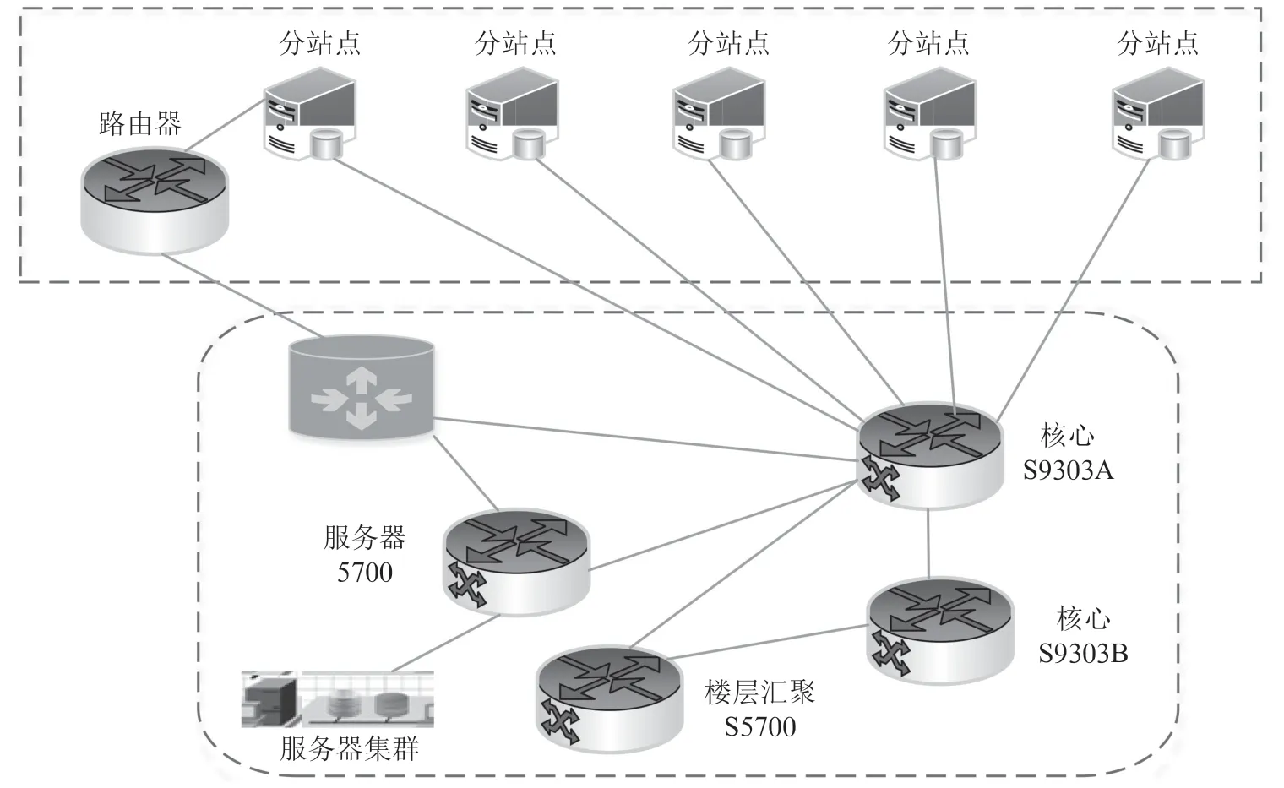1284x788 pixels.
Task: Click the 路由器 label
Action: pos(140,124)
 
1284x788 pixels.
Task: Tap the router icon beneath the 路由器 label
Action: pos(155,200)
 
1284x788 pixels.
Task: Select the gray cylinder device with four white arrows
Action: pos(362,388)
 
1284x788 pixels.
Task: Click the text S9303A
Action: pos(1068,470)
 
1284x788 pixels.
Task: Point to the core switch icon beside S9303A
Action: pos(930,455)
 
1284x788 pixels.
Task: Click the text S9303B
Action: pos(1083,654)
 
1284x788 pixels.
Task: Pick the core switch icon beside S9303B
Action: pos(940,631)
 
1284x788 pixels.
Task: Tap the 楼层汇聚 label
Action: pos(759,693)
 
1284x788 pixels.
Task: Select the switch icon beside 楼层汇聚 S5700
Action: pos(609,699)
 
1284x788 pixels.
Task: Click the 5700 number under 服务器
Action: pos(365,573)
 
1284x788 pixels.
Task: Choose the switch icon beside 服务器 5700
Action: pos(516,562)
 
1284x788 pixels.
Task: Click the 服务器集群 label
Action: pos(350,748)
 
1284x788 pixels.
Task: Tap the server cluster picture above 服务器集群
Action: pos(338,699)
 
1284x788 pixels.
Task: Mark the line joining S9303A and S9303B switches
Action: pos(928,543)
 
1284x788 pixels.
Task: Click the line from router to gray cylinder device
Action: pos(242,296)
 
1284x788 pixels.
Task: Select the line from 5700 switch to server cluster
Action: pos(445,644)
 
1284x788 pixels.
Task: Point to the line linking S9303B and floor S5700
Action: pos(768,642)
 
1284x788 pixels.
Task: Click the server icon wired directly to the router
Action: pos(309,113)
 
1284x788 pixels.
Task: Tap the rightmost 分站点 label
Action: pos(1157,44)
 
